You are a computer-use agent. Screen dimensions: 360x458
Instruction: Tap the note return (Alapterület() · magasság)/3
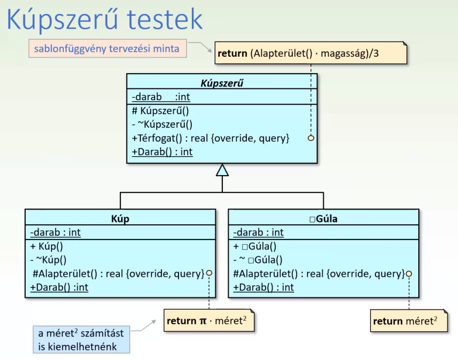[x=311, y=53]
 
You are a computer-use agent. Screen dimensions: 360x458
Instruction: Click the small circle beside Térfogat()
[x=311, y=139]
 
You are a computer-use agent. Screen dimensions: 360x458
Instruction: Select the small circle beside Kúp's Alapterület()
[x=209, y=273]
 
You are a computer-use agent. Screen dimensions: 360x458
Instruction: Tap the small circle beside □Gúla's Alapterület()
[x=408, y=273]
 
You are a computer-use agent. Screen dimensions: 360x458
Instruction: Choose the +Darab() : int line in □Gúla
[x=263, y=287]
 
